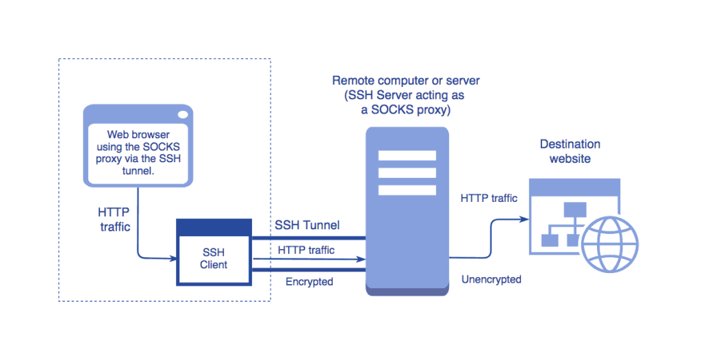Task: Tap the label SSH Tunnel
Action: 307,224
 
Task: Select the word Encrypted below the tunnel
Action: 309,281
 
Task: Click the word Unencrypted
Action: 491,279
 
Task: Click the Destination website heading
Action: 570,151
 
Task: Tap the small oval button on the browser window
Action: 183,114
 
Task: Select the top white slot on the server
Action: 407,155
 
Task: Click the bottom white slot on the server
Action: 407,190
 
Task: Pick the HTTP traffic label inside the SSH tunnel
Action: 306,250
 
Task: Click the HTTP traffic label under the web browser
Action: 114,220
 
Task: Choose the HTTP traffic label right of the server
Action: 489,198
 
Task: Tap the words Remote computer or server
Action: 406,80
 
